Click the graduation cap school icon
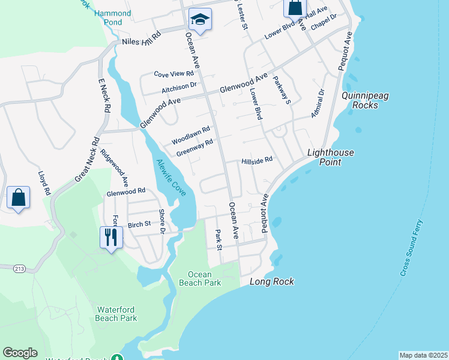(200, 19)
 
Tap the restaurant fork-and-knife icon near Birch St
(111, 236)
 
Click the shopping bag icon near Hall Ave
(295, 8)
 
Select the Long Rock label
(271, 281)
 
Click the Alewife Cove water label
(171, 178)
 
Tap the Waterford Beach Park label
(117, 314)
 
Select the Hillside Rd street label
(257, 160)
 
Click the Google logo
(20, 353)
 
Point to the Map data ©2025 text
(423, 355)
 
